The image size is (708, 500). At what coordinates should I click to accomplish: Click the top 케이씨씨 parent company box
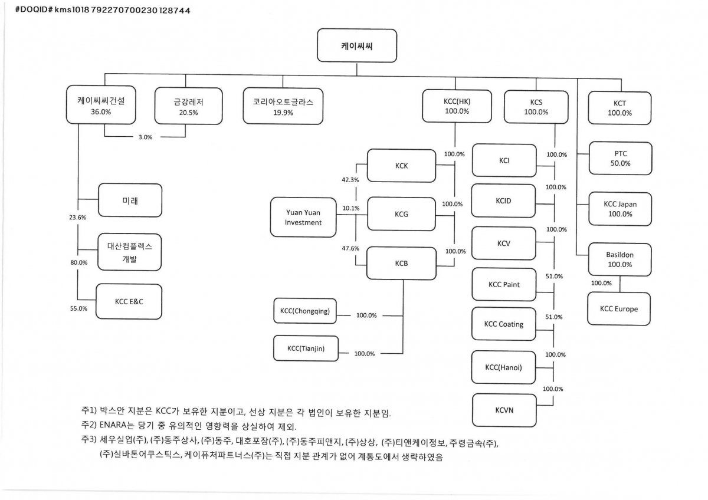coord(356,45)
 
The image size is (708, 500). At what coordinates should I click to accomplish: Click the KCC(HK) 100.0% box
coord(457,106)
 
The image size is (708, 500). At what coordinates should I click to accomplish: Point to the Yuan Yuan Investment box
coord(303,217)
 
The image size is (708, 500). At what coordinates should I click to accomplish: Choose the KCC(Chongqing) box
coord(305,311)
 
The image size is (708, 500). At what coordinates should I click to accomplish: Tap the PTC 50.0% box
coord(620,158)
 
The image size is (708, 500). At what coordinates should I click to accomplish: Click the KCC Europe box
coord(618,308)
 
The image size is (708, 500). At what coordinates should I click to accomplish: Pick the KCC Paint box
coord(504,284)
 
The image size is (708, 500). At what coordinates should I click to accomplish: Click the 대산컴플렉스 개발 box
coord(129,252)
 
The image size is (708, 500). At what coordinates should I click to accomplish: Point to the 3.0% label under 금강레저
coord(145,137)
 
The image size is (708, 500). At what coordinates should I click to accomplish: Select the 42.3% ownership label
coord(350,180)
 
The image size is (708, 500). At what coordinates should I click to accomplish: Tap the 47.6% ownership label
coord(350,248)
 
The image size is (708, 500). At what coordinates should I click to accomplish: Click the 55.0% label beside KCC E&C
coord(78,308)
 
